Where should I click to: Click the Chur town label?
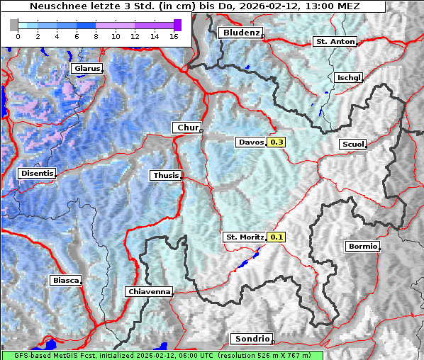coord(187,128)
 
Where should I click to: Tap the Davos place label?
coord(250,142)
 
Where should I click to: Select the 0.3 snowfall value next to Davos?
coord(277,142)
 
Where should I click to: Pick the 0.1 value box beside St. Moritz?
coord(277,237)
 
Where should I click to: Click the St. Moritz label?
coord(244,237)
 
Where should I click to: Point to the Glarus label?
coord(87,69)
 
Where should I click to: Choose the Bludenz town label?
coord(240,33)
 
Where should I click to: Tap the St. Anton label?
coord(334,42)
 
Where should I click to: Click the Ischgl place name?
coord(350,77)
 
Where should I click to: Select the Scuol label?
coord(353,145)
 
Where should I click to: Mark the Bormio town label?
coord(362,247)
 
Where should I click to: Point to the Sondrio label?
coord(251,339)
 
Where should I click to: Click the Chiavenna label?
coord(149,291)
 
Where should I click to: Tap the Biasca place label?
coord(65,281)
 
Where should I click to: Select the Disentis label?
coord(37,173)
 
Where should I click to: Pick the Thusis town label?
coord(165,175)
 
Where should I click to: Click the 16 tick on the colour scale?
coord(174,36)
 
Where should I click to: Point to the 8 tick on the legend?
coord(96,36)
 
